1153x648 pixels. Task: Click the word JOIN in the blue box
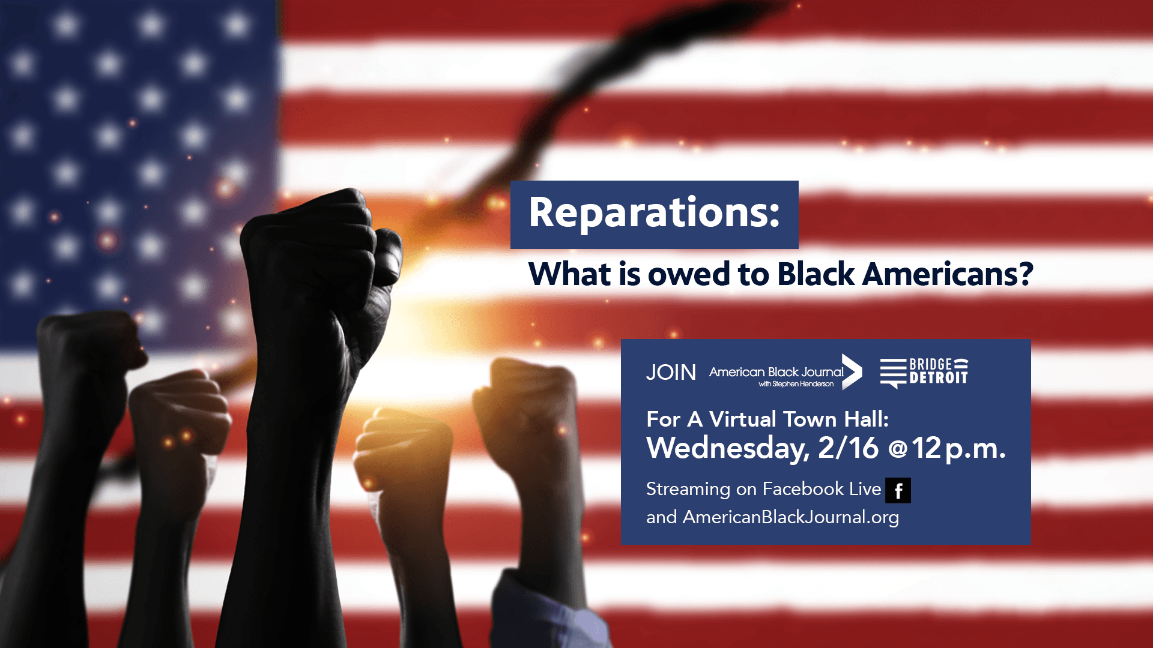tap(671, 373)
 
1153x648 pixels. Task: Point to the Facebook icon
tap(898, 490)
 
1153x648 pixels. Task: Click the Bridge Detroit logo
tap(924, 372)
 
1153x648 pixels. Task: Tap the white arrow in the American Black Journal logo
tap(852, 372)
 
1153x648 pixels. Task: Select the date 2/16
tap(848, 448)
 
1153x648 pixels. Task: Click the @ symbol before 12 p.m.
tap(898, 449)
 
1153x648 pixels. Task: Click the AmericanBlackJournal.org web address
tap(791, 517)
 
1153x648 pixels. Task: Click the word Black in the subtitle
tap(816, 275)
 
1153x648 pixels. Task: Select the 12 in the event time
tap(927, 448)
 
